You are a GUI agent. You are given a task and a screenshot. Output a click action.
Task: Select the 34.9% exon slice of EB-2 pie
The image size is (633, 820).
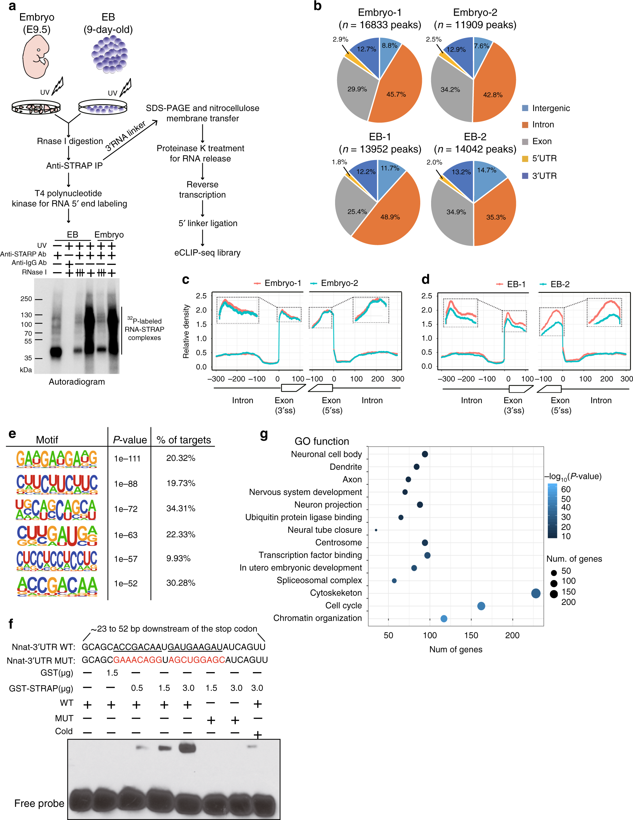(x=456, y=212)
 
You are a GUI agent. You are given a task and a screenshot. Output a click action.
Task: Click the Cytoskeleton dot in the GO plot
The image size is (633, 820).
(x=536, y=593)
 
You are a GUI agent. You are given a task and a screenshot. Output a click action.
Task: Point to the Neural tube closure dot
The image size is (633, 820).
(x=376, y=530)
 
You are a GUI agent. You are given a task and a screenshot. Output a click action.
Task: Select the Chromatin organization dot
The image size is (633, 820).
(x=444, y=619)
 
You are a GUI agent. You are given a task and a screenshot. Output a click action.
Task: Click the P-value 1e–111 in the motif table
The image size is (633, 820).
(x=127, y=458)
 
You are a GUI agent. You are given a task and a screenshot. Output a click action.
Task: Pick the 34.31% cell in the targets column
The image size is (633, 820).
(x=181, y=508)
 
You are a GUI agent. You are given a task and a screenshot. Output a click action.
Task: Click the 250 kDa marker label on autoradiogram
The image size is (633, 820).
(x=26, y=299)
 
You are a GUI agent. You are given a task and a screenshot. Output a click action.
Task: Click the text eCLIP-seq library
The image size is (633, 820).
(x=207, y=253)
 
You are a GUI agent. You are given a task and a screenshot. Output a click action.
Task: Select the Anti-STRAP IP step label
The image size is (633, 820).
(x=74, y=166)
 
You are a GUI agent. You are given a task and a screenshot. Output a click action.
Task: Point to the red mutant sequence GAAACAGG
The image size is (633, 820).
(x=137, y=660)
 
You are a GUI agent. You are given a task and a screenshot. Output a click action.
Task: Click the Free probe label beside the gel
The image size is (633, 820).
(x=39, y=803)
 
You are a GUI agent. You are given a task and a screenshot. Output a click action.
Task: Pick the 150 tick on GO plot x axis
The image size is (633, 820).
(x=471, y=635)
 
